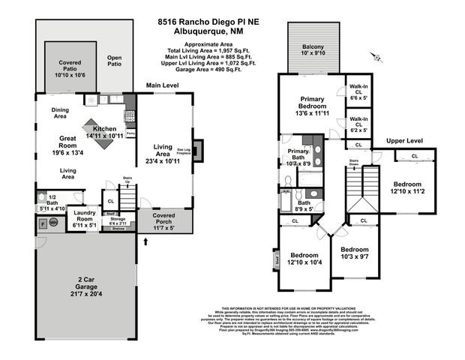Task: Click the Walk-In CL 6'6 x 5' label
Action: [x=358, y=92]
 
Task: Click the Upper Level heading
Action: [x=405, y=141]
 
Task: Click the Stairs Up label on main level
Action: [x=127, y=181]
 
